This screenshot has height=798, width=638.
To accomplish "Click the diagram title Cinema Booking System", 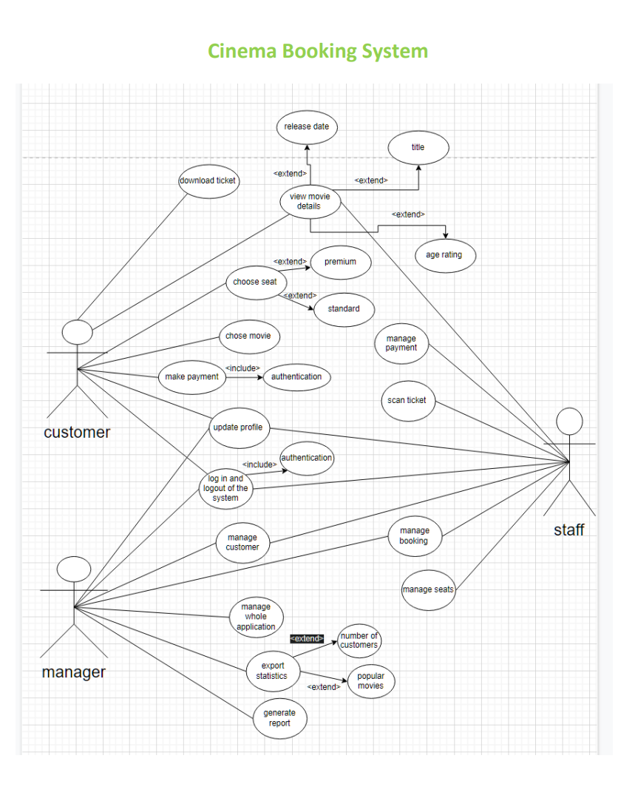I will point(318,51).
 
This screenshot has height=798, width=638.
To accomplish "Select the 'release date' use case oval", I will point(307,127).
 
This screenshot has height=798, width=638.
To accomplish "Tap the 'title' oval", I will point(418,148).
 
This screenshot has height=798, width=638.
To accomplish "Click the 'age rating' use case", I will point(444,255).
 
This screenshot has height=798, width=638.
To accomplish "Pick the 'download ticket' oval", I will point(208,181).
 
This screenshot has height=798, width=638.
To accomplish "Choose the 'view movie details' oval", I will point(310,201).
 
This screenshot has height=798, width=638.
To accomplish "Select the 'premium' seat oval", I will point(340,262).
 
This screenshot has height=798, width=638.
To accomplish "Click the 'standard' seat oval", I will point(344,309).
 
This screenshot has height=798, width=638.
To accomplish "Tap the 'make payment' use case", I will point(191,377).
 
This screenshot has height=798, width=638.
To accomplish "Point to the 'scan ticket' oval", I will point(407,401).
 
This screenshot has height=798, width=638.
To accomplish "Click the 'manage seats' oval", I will point(428,590).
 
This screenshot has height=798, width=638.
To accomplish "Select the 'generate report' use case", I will point(279,718).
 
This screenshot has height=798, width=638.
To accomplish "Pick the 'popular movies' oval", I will point(370,681).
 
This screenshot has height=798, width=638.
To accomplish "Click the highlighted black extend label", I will point(307,638).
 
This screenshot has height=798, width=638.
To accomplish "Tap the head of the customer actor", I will point(78,332).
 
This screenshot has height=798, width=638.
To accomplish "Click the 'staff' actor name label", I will point(569,530).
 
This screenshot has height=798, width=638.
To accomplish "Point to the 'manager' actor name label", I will point(73,672).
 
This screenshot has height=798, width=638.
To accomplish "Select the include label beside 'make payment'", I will point(242,368).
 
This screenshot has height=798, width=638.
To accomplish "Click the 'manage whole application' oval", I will point(256,617).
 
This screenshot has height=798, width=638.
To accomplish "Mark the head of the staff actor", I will point(569,422).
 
